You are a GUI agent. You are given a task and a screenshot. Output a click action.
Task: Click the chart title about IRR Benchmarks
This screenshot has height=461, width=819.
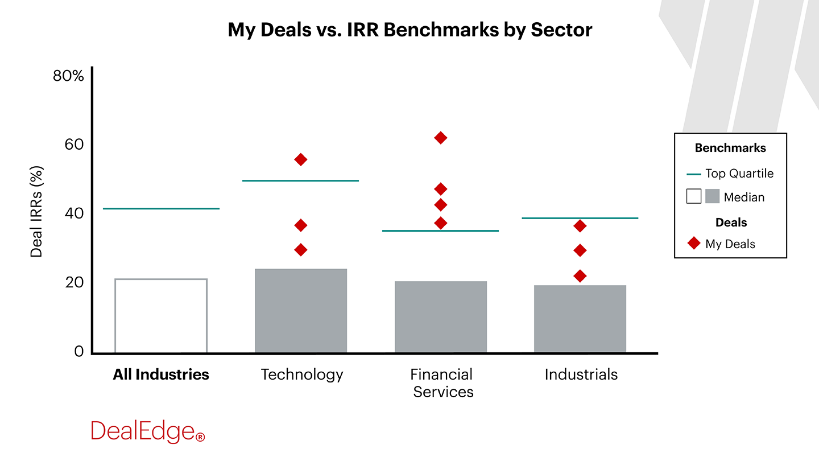tap(409, 30)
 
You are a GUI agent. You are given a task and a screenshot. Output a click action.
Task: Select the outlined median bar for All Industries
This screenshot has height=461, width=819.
tap(161, 315)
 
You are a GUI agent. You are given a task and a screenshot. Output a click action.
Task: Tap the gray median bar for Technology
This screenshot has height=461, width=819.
tap(301, 310)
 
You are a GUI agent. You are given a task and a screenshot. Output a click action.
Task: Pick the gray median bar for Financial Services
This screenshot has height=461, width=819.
tap(441, 316)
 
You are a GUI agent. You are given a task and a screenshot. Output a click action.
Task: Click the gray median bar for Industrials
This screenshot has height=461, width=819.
tap(580, 319)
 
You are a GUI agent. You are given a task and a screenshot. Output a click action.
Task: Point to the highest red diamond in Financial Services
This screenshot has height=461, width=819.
tap(440, 138)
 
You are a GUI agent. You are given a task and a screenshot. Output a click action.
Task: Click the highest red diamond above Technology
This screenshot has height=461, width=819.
tap(301, 159)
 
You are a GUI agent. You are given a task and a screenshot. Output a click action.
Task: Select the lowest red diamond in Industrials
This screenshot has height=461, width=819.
tap(580, 276)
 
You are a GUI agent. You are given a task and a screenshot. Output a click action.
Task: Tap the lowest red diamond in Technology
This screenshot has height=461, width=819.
tap(301, 250)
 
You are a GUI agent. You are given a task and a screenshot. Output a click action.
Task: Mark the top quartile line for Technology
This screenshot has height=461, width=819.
tap(301, 180)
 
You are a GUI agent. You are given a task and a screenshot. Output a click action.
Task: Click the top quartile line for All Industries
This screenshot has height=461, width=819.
tap(161, 208)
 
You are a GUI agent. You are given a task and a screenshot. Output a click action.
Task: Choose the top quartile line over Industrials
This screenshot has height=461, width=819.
tap(580, 218)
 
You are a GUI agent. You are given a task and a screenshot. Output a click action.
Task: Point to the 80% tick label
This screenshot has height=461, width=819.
tap(68, 76)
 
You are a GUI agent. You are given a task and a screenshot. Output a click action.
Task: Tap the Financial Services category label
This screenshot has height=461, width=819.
tap(442, 383)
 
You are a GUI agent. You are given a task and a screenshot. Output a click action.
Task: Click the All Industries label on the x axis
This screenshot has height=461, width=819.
tap(161, 374)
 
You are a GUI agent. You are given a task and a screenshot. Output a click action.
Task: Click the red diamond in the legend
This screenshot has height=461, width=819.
tap(693, 244)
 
